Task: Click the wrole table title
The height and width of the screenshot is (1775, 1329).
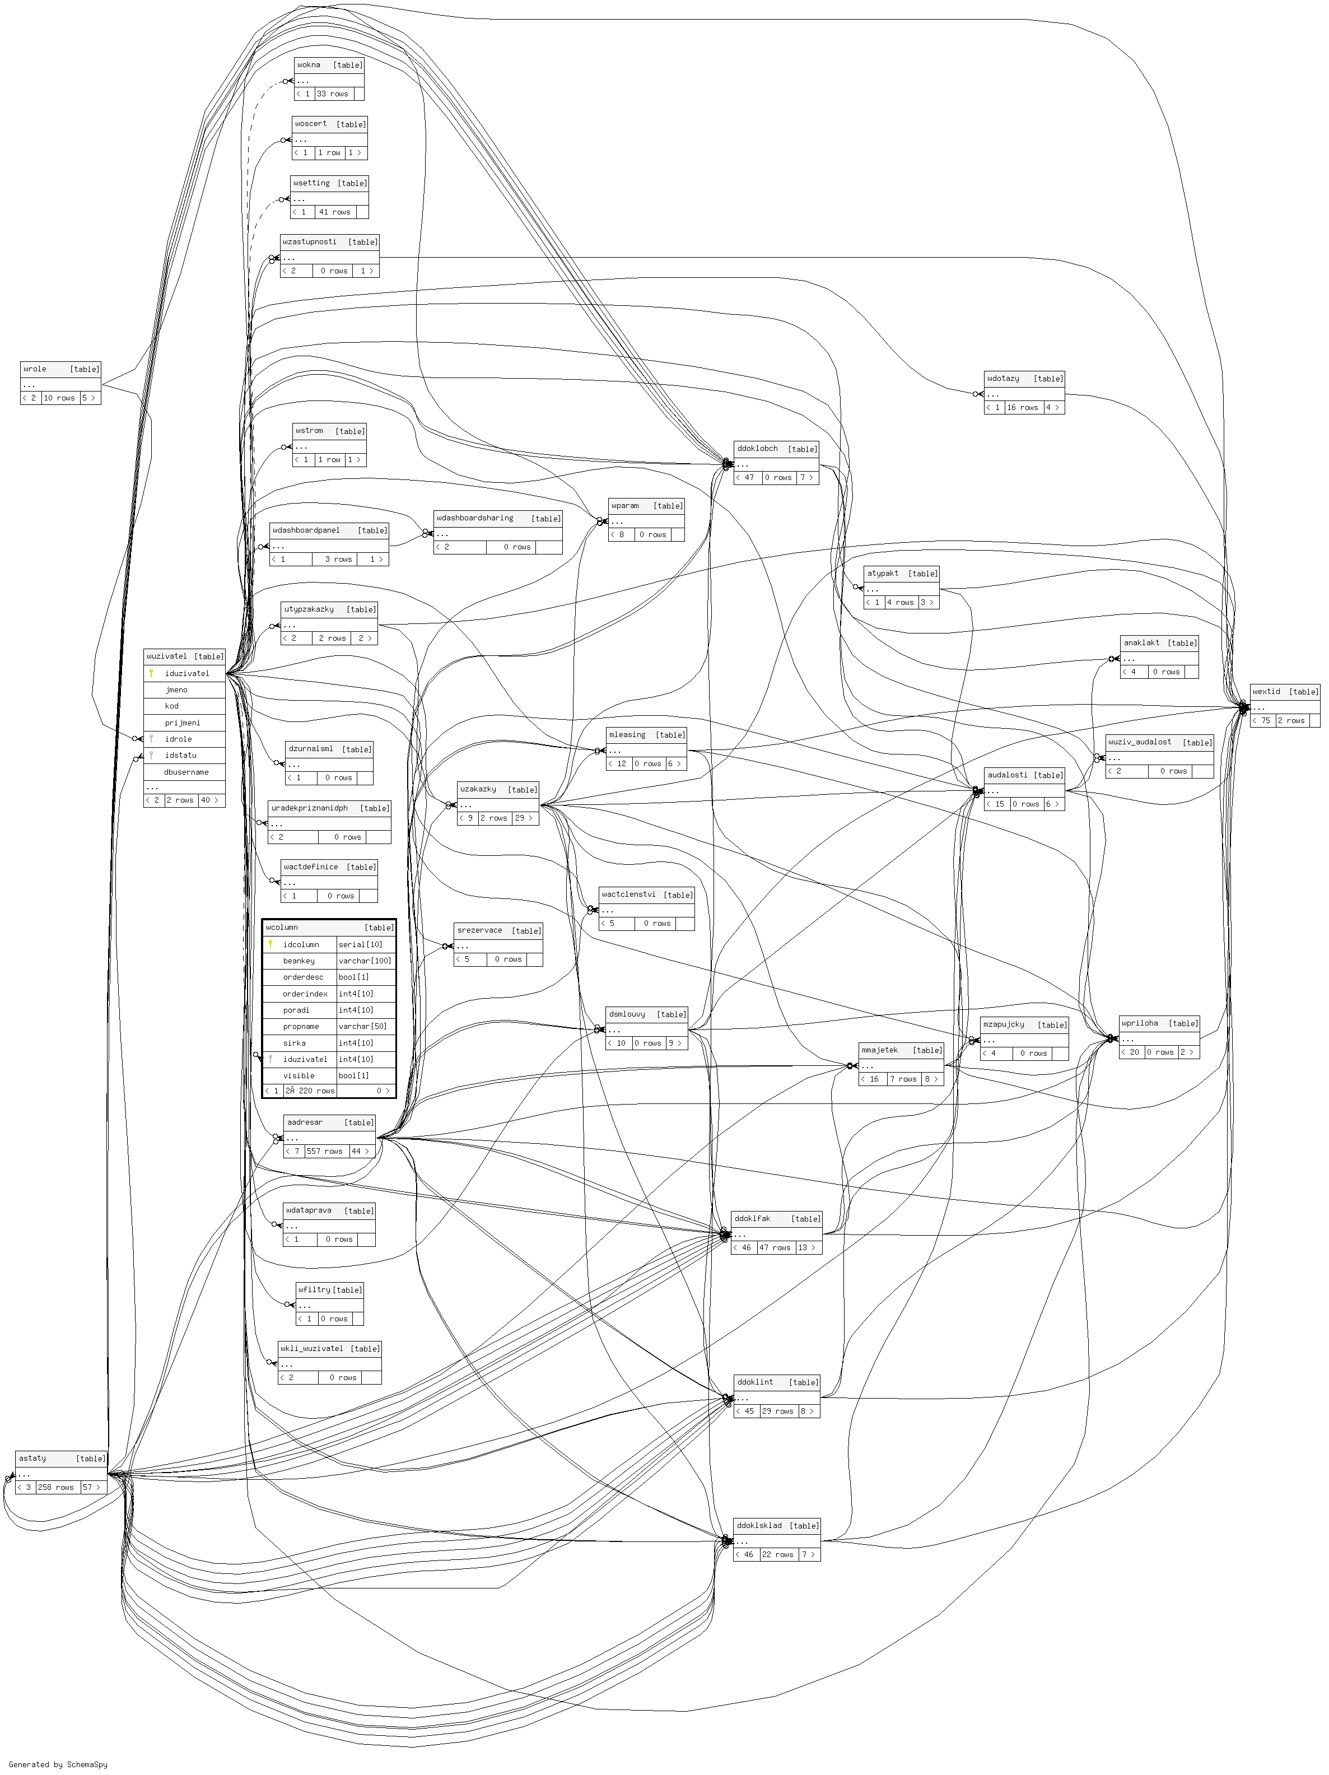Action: [35, 369]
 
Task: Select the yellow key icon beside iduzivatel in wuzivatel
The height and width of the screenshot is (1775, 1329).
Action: [151, 673]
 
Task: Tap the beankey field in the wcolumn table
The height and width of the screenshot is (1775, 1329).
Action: [299, 961]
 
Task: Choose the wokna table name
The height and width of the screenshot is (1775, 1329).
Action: [309, 65]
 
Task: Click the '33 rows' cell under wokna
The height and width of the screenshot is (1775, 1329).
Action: [332, 94]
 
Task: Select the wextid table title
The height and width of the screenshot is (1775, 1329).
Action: [1266, 692]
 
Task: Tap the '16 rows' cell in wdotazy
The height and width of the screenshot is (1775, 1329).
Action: [1023, 408]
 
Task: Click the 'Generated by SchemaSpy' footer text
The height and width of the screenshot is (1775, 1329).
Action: [58, 1764]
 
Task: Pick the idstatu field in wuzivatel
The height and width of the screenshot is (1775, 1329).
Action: [180, 755]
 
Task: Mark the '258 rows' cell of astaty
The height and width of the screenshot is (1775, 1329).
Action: [55, 1487]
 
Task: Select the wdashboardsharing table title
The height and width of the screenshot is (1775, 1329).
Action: [475, 518]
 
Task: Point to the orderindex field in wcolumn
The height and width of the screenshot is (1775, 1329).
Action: [305, 994]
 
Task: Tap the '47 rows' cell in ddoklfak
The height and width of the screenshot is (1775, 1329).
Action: [775, 1248]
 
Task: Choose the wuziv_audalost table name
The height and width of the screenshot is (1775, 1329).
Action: [1140, 742]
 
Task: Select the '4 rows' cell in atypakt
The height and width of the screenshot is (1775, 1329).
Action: [901, 603]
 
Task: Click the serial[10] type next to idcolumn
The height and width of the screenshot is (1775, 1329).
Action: [360, 944]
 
